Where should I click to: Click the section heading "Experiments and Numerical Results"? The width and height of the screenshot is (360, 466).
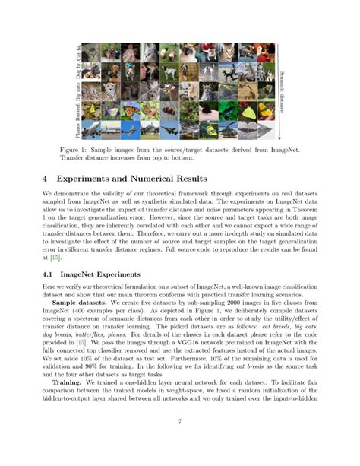coord(115,177)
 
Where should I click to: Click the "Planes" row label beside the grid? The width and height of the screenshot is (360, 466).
coord(78,131)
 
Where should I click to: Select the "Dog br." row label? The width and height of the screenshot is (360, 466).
coord(78,73)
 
